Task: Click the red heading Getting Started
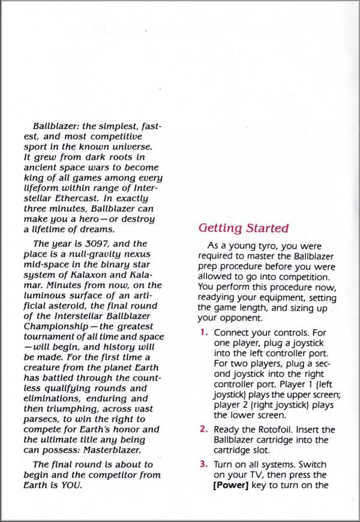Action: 243,228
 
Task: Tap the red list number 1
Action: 204,332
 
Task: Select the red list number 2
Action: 204,430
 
